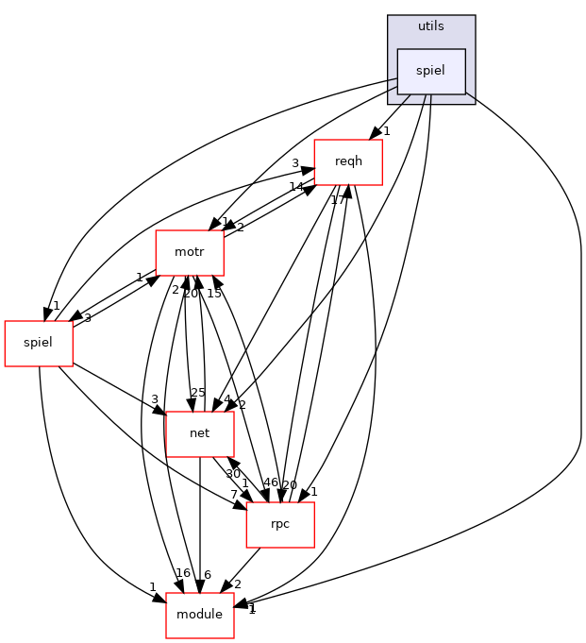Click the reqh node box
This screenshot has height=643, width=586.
coord(348,161)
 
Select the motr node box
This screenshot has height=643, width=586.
coord(190,252)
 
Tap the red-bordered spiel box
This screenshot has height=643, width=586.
coord(39,343)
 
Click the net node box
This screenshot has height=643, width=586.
coord(199,433)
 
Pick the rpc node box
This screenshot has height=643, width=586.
coord(280,524)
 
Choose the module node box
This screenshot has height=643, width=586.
coord(200,615)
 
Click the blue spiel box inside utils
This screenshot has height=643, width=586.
coord(431,71)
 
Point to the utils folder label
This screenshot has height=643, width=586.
coord(431,25)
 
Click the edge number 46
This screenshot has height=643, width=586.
coord(271,482)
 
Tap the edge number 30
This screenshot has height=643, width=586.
coord(233,473)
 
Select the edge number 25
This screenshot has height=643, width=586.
coord(198,392)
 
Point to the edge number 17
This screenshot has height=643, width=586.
coord(338,199)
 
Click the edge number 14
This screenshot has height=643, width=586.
coord(296,186)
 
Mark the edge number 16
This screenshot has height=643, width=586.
coord(183,573)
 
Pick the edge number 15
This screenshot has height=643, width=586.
coord(214,293)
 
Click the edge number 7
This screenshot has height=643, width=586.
coord(233,494)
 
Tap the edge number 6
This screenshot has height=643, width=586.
coord(207,575)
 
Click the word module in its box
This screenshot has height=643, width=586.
coord(200,615)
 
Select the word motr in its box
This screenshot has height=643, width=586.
coord(190,252)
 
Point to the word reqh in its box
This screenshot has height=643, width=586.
coord(348,161)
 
